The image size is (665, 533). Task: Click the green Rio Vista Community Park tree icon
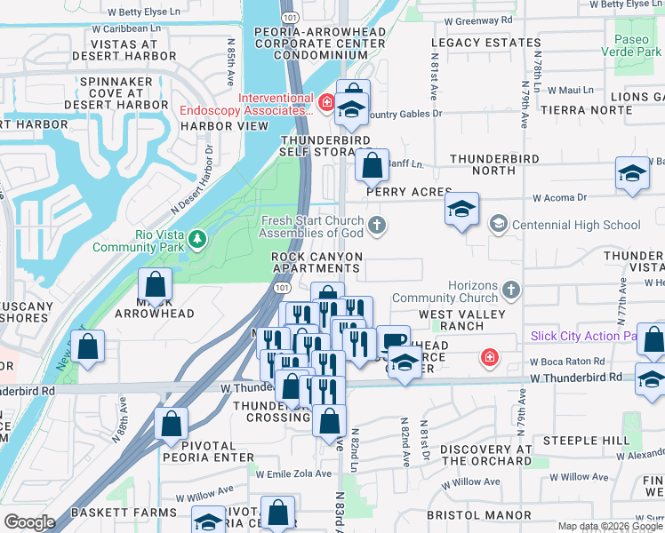(197, 238)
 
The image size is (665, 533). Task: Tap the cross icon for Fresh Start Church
(378, 225)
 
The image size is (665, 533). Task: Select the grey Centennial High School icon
(498, 225)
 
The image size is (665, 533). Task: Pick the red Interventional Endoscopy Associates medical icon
(326, 103)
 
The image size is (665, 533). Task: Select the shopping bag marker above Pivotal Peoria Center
(171, 426)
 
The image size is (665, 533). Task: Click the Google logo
(29, 522)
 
